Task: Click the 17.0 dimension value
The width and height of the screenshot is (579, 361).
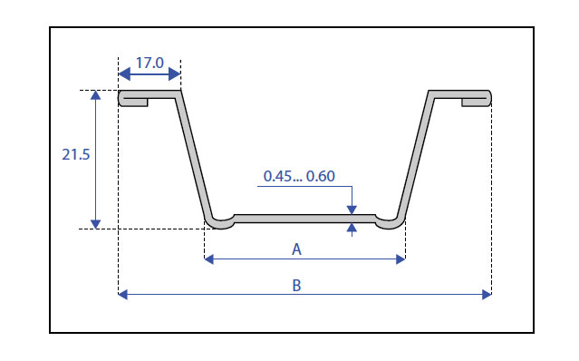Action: (x=150, y=63)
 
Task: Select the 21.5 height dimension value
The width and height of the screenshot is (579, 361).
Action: (x=76, y=154)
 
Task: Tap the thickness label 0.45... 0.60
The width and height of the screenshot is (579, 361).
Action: (x=299, y=176)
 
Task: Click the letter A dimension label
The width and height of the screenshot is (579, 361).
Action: (x=296, y=249)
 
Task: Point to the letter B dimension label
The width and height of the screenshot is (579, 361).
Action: (x=296, y=286)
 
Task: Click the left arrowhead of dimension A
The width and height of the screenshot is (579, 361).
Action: (x=209, y=259)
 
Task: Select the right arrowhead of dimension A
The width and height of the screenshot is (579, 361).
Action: (x=400, y=259)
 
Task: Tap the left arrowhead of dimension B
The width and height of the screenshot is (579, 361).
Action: (x=123, y=295)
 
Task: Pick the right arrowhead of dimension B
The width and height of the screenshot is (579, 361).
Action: (x=487, y=295)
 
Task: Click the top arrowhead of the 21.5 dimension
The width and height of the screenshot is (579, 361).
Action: (x=96, y=95)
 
